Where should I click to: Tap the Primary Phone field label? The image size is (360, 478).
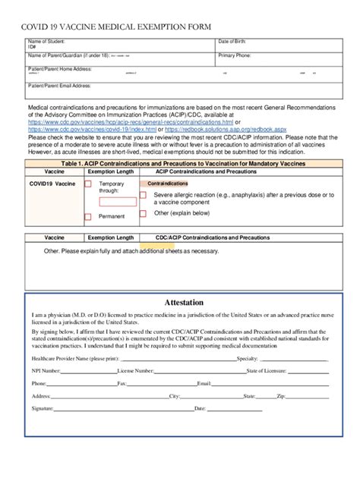[235, 55]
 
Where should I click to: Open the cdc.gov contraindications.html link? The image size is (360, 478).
[130, 121]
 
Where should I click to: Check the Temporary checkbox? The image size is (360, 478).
[87, 184]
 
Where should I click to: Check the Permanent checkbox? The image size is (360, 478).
[87, 217]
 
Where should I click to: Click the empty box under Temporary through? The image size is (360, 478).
[118, 202]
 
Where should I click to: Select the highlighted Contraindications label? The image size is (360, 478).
[167, 184]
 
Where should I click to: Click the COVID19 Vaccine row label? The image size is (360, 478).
[52, 184]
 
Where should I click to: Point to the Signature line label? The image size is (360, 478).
[43, 408]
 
